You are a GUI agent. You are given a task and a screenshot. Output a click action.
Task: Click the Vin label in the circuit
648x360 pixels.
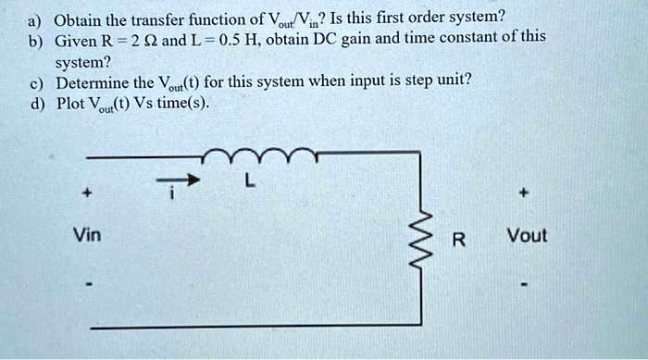[89, 236]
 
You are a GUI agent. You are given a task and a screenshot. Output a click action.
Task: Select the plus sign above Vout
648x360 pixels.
[524, 195]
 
